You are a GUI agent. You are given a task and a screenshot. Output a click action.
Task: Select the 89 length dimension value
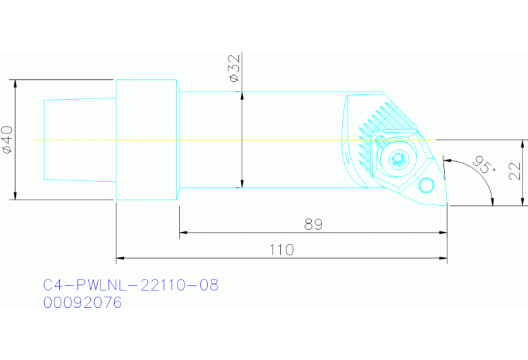pyautogui.click(x=313, y=224)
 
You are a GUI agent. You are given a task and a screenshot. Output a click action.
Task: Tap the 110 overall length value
pyautogui.click(x=281, y=250)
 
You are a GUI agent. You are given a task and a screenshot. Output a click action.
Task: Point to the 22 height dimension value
pyautogui.click(x=516, y=171)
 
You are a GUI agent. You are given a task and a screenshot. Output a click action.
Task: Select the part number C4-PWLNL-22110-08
pyautogui.click(x=131, y=285)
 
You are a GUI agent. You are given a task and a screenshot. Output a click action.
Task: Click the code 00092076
pyautogui.click(x=82, y=302)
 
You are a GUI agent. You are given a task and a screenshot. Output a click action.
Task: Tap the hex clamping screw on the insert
pyautogui.click(x=397, y=160)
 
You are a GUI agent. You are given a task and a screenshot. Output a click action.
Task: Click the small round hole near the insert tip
pyautogui.click(x=427, y=184)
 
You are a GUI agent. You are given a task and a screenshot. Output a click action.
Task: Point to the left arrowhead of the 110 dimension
pyautogui.click(x=120, y=259)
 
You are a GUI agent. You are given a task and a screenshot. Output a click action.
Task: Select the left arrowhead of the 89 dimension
pyautogui.click(x=183, y=233)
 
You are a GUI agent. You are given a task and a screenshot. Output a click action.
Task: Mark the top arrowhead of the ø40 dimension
pyautogui.click(x=14, y=83)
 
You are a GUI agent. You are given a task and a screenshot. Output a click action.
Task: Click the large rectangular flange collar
pyautogui.click(x=146, y=140)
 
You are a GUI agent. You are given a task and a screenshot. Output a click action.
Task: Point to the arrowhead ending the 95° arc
pyautogui.click(x=492, y=200)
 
